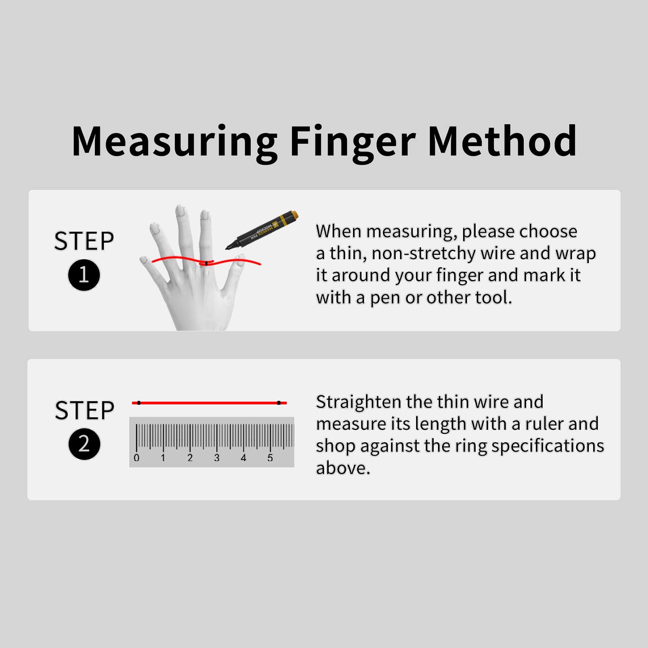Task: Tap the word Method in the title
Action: coord(502,141)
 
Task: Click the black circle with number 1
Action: coord(84,275)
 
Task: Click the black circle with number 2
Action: coord(84,444)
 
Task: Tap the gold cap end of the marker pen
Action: coord(292,215)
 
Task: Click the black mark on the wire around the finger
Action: coord(206,263)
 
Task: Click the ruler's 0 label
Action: coord(137,458)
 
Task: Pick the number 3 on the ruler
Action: coord(217,458)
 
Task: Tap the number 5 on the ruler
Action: coord(270,458)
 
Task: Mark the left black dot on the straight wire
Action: coord(139,403)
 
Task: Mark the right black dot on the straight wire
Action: coord(279,403)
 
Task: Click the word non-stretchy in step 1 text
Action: coord(423,254)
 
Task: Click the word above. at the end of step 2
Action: coord(343,468)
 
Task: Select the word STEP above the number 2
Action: coord(85,410)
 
